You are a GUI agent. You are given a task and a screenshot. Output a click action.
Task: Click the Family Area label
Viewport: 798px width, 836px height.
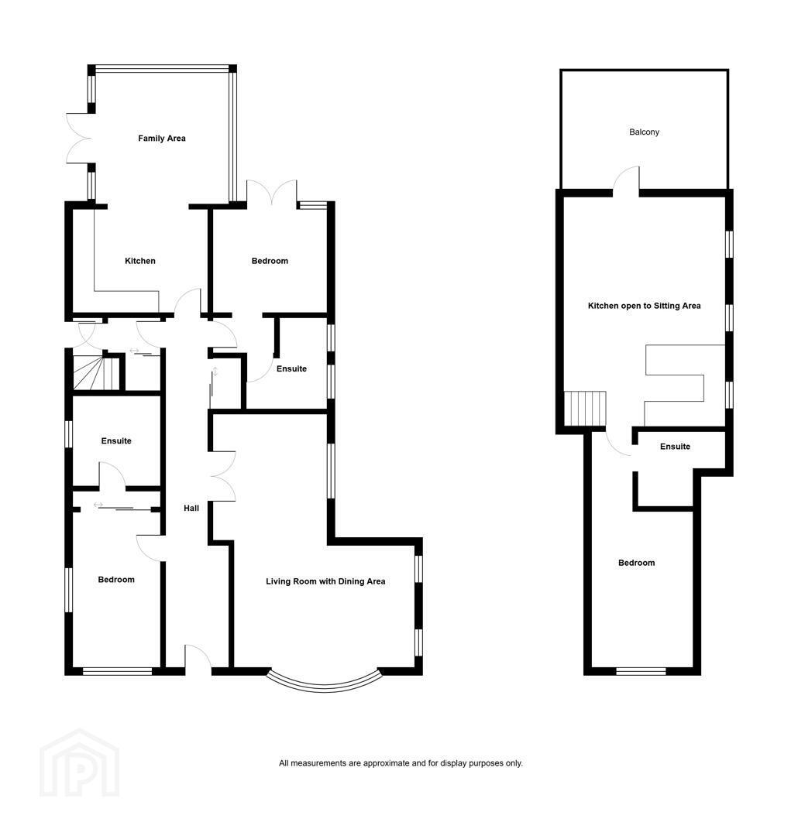[x=162, y=139]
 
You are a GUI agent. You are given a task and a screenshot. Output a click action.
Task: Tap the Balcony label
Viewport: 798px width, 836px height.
[x=645, y=132]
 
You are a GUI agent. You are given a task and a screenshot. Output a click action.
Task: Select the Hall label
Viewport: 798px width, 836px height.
[x=191, y=509]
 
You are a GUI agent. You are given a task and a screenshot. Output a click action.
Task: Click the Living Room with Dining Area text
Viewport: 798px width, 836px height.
[x=325, y=581]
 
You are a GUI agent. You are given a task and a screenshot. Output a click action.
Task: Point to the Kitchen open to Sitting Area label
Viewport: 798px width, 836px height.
[x=645, y=306]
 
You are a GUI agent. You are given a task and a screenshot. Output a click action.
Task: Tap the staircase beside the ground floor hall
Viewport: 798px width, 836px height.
[x=95, y=372]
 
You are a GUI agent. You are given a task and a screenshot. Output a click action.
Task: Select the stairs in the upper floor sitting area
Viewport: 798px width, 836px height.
[x=586, y=409]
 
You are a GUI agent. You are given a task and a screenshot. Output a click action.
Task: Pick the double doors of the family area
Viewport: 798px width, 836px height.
[x=79, y=139]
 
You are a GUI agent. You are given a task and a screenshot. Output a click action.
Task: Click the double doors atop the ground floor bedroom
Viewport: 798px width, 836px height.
[x=272, y=193]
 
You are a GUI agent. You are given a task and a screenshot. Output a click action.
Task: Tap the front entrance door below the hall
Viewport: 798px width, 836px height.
[x=198, y=657]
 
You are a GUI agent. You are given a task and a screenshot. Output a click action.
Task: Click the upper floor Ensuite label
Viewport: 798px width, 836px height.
[x=676, y=447]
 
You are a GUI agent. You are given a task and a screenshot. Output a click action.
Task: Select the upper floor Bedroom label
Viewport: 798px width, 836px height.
[x=636, y=563]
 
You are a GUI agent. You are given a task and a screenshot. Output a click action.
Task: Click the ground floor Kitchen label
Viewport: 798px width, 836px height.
[x=140, y=262]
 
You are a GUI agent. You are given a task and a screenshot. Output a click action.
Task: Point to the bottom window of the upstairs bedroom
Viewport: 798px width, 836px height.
[x=641, y=672]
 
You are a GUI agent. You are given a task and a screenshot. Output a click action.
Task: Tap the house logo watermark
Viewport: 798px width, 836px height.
[x=80, y=763]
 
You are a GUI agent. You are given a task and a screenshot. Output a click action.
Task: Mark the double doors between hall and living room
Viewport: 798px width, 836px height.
[x=224, y=476]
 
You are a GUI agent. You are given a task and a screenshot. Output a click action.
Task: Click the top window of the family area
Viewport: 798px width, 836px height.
[x=162, y=68]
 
